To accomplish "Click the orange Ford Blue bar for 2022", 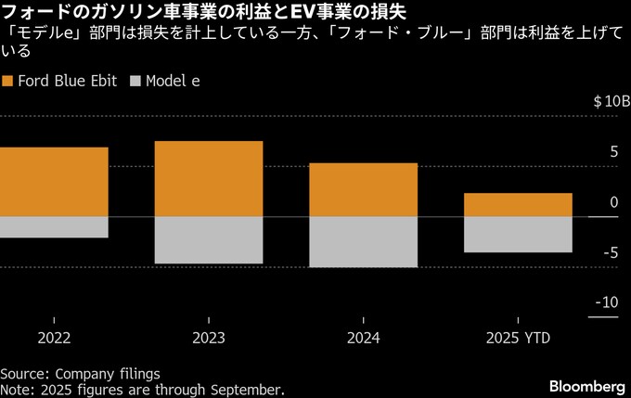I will click(54, 182).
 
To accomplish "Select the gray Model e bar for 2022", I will click(54, 227).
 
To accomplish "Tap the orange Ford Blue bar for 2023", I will click(209, 179).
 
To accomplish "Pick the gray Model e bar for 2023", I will click(209, 240).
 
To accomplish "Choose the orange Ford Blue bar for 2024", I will click(363, 189).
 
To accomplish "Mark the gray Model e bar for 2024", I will click(363, 242).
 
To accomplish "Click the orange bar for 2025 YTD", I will click(518, 205).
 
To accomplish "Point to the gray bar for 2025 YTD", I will click(518, 235).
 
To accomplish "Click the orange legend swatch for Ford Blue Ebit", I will click(8, 81).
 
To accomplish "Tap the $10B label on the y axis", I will click(612, 101).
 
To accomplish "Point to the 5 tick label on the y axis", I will click(613, 151).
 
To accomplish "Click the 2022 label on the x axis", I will click(54, 339).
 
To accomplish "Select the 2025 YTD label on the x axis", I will click(518, 339).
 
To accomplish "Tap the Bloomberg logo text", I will click(587, 385).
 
